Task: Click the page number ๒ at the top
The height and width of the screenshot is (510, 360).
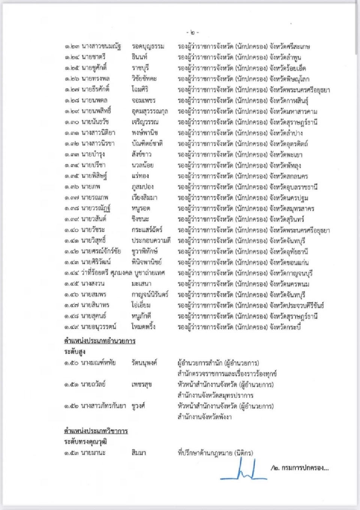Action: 193,33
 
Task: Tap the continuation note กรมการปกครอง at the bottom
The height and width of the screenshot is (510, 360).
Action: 300,468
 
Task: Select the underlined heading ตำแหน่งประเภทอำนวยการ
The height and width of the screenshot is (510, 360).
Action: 100,341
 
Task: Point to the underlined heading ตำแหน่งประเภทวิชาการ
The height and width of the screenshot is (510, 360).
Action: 96,431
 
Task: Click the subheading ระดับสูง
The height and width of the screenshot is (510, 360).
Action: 75,352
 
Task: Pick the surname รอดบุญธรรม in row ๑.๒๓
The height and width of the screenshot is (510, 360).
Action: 148,46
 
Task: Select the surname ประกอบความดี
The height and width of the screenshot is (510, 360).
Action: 151,241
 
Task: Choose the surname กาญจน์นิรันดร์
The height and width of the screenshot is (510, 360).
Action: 150,295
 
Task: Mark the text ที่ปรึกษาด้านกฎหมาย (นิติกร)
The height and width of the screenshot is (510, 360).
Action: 215,453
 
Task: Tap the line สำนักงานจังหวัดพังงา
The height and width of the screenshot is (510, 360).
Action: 204,417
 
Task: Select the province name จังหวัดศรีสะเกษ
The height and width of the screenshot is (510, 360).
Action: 290,46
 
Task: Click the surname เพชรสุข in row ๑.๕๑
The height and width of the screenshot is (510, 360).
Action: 141,384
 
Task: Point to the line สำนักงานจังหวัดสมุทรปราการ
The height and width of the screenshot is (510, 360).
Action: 215,395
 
